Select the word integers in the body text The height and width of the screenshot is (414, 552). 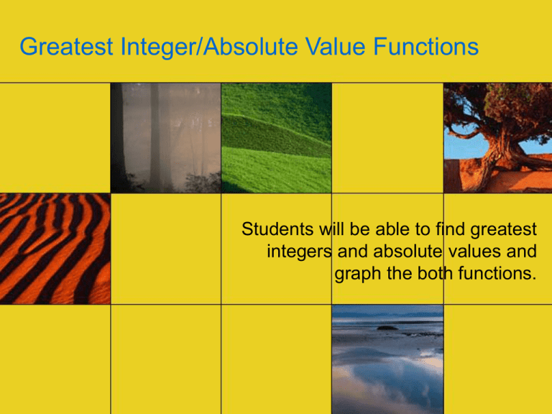pos(298,252)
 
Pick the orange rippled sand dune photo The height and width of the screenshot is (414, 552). pos(55,248)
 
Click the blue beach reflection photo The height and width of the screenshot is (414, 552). pos(387,359)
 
